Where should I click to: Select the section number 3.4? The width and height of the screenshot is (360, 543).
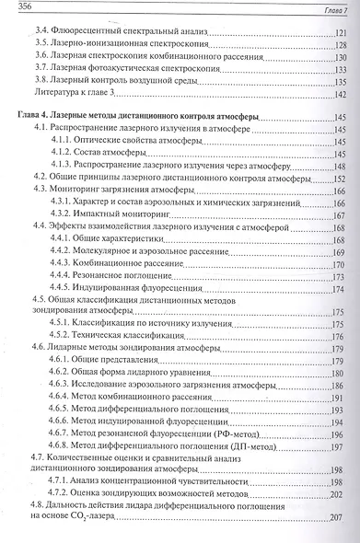40,31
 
